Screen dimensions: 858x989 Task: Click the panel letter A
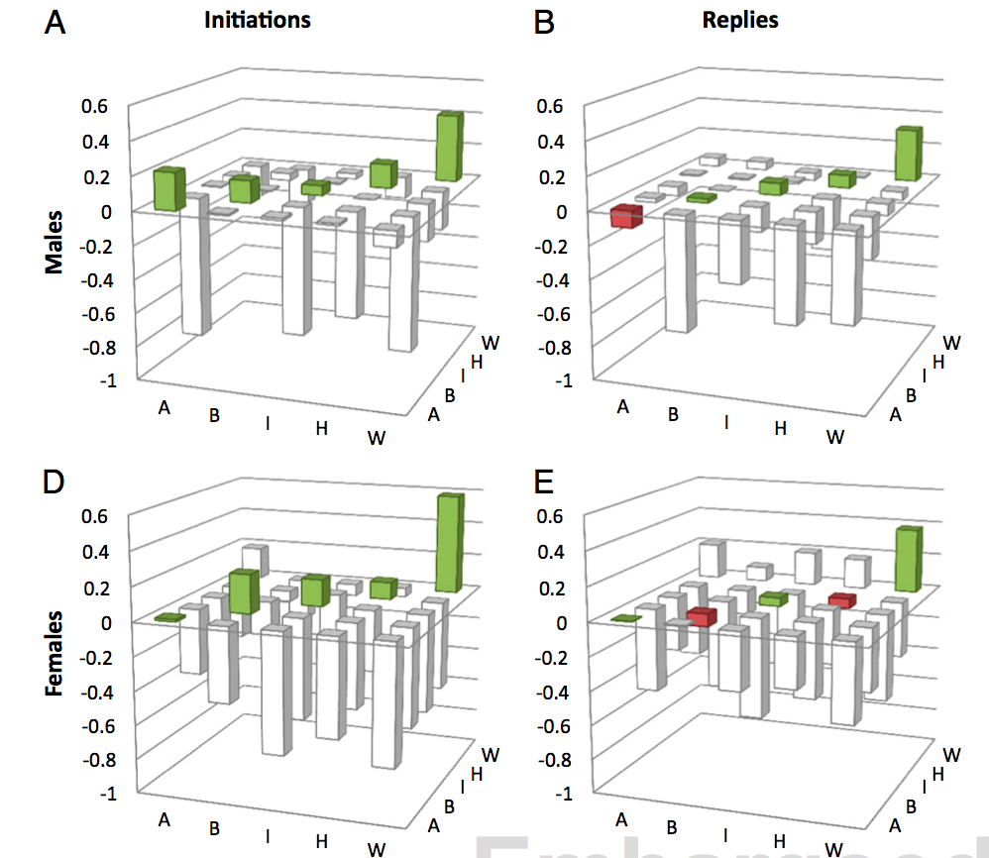56,23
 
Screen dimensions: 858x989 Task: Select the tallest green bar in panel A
450,147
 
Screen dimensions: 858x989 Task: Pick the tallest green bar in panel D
450,543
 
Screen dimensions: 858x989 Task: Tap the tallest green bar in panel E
908,559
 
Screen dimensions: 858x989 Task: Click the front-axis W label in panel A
377,438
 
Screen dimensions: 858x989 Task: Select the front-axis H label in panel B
780,428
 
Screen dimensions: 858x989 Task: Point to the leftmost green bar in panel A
168,188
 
